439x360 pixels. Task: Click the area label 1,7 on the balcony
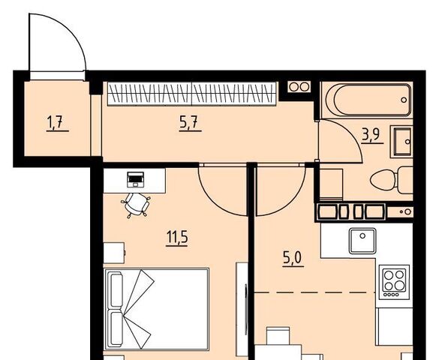57,124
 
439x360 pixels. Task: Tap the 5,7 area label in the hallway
190,124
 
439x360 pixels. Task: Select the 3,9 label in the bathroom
372,136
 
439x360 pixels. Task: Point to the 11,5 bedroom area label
177,238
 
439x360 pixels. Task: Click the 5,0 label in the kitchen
293,259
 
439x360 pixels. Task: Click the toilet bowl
391,179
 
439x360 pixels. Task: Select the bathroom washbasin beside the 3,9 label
402,141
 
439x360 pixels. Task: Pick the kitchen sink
362,241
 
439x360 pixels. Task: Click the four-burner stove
394,282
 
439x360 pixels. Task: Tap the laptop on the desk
136,179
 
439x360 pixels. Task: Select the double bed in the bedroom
157,309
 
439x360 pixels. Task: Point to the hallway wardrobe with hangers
192,94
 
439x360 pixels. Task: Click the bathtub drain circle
404,100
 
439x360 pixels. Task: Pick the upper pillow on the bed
116,290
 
